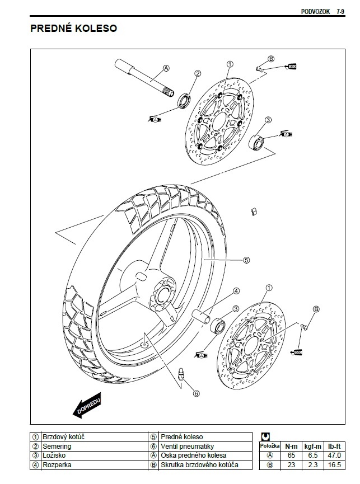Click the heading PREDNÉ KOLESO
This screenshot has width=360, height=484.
click(73, 28)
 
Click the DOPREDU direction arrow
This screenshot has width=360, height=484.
click(87, 407)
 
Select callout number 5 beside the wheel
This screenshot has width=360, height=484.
click(246, 260)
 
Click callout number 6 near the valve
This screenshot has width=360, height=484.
click(196, 393)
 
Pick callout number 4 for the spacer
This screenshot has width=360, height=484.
click(236, 291)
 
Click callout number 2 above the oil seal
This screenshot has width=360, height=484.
click(197, 73)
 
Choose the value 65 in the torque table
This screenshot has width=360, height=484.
click(291, 455)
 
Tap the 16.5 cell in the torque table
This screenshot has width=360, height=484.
click(335, 464)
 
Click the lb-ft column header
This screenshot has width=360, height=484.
click(335, 446)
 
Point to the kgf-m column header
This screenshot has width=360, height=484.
click(312, 446)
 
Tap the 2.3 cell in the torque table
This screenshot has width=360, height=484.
click(312, 464)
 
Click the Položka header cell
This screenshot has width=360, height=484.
click(270, 446)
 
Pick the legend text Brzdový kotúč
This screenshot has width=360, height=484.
click(63, 436)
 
